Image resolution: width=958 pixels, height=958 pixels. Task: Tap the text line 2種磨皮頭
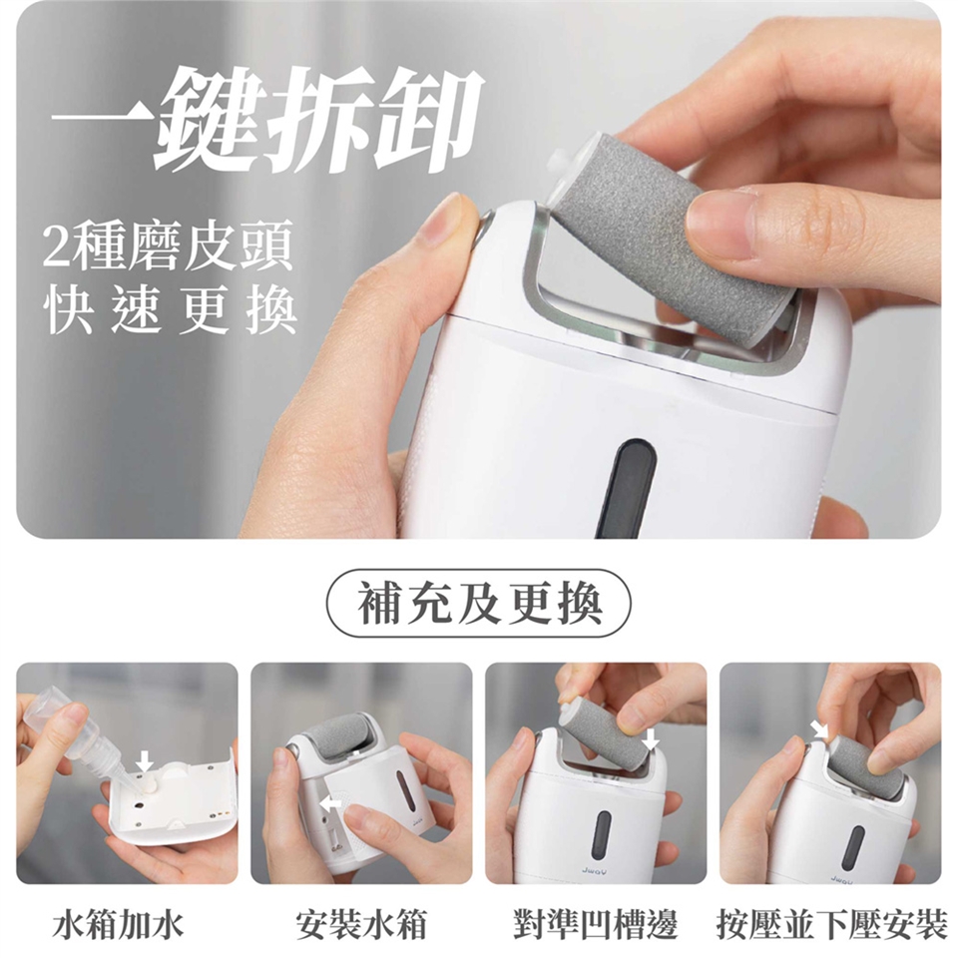point(168,245)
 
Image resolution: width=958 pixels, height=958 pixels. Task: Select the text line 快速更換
point(171,310)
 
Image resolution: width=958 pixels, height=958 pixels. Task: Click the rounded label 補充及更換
point(479,604)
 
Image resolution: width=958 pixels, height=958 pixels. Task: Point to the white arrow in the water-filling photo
point(144,760)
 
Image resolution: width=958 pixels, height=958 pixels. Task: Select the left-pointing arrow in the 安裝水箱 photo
point(331,802)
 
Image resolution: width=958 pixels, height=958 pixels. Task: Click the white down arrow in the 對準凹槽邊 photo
point(652,739)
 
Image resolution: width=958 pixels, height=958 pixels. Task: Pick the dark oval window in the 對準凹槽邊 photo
point(601,833)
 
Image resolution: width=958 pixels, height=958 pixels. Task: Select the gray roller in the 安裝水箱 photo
point(342,733)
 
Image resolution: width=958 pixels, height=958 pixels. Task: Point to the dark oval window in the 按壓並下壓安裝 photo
point(853,848)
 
